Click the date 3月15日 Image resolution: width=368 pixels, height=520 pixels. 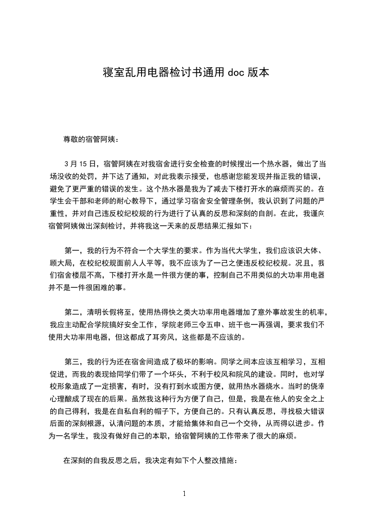click(x=80, y=164)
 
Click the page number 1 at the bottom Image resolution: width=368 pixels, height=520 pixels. click(x=184, y=494)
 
